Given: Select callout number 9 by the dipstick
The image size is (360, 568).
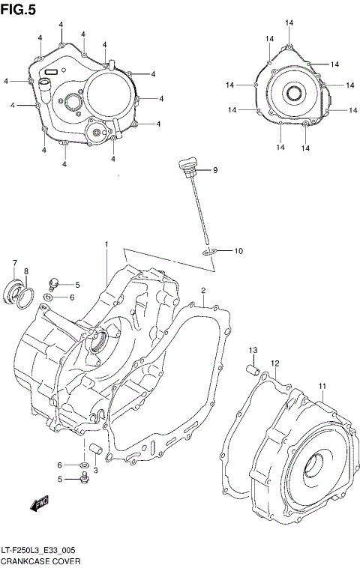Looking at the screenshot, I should pyautogui.click(x=214, y=171).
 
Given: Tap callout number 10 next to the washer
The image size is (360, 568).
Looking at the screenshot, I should pyautogui.click(x=238, y=250).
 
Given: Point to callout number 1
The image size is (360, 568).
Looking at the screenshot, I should pyautogui.click(x=106, y=244).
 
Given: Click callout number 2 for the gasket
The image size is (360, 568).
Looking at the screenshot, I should pyautogui.click(x=202, y=290).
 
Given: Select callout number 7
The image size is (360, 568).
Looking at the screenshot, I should pyautogui.click(x=14, y=262).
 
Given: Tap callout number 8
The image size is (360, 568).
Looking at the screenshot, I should pyautogui.click(x=25, y=271).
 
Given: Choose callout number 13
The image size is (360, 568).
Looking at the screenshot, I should pyautogui.click(x=253, y=351).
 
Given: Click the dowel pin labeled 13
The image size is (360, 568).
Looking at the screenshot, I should pyautogui.click(x=254, y=368).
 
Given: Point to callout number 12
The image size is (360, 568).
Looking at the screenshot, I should pyautogui.click(x=275, y=363).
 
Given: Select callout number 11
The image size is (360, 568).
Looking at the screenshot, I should pyautogui.click(x=322, y=387).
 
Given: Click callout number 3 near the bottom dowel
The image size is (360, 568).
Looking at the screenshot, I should pyautogui.click(x=96, y=470).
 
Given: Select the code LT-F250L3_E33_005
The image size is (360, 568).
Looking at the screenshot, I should pyautogui.click(x=43, y=549).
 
